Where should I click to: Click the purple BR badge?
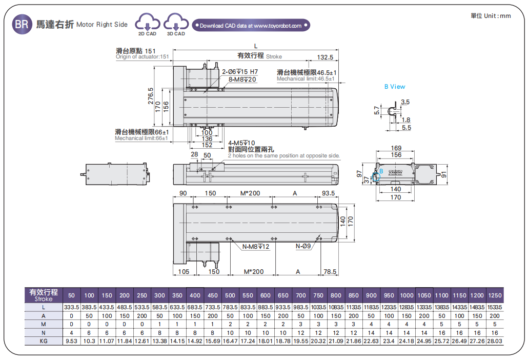pos(21,24)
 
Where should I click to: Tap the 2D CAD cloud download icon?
pos(147,24)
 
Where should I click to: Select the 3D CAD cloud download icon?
pos(176,24)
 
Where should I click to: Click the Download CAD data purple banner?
pos(251,25)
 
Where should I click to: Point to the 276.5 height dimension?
pos(151,96)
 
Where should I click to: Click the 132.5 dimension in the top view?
pos(325,57)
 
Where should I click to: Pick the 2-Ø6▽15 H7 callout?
pos(240,72)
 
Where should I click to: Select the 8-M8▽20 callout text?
pos(242,79)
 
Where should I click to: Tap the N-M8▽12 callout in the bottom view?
pos(256,247)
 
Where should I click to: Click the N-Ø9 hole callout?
pos(303,247)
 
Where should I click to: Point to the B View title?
pos(395,87)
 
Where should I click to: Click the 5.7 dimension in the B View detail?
pos(377,110)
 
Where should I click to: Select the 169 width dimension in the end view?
pos(396,148)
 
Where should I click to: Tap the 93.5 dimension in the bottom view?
pos(328,193)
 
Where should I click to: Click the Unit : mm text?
pos(491,16)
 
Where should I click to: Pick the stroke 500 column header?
pos(230,295)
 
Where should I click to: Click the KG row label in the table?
pos(44,341)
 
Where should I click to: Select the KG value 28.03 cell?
pos(495,341)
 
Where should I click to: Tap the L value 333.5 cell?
pos(71,307)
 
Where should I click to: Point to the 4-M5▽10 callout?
pos(241,143)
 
